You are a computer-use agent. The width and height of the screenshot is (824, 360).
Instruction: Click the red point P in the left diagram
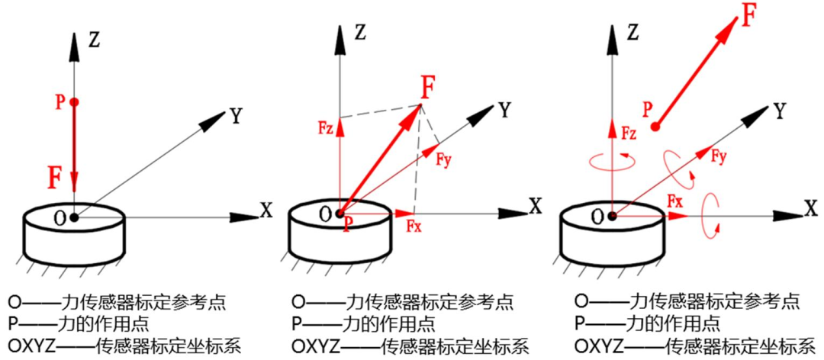tap(74, 102)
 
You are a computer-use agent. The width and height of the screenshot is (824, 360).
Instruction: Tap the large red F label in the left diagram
tap(55, 178)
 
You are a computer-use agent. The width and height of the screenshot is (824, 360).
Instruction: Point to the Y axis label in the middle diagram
tap(504, 109)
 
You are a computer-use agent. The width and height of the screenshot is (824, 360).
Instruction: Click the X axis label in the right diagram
tap(810, 206)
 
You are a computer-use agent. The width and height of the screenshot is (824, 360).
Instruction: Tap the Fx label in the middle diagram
tap(414, 226)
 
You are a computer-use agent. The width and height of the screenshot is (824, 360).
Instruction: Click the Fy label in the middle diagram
tap(446, 160)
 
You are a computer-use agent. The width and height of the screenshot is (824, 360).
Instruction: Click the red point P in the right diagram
tap(655, 127)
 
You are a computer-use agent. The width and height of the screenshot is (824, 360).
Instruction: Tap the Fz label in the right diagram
tap(629, 134)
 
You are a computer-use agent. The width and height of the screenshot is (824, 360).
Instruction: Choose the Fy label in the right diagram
tap(719, 156)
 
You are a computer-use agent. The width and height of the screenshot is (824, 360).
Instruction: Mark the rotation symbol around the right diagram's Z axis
tap(610, 159)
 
